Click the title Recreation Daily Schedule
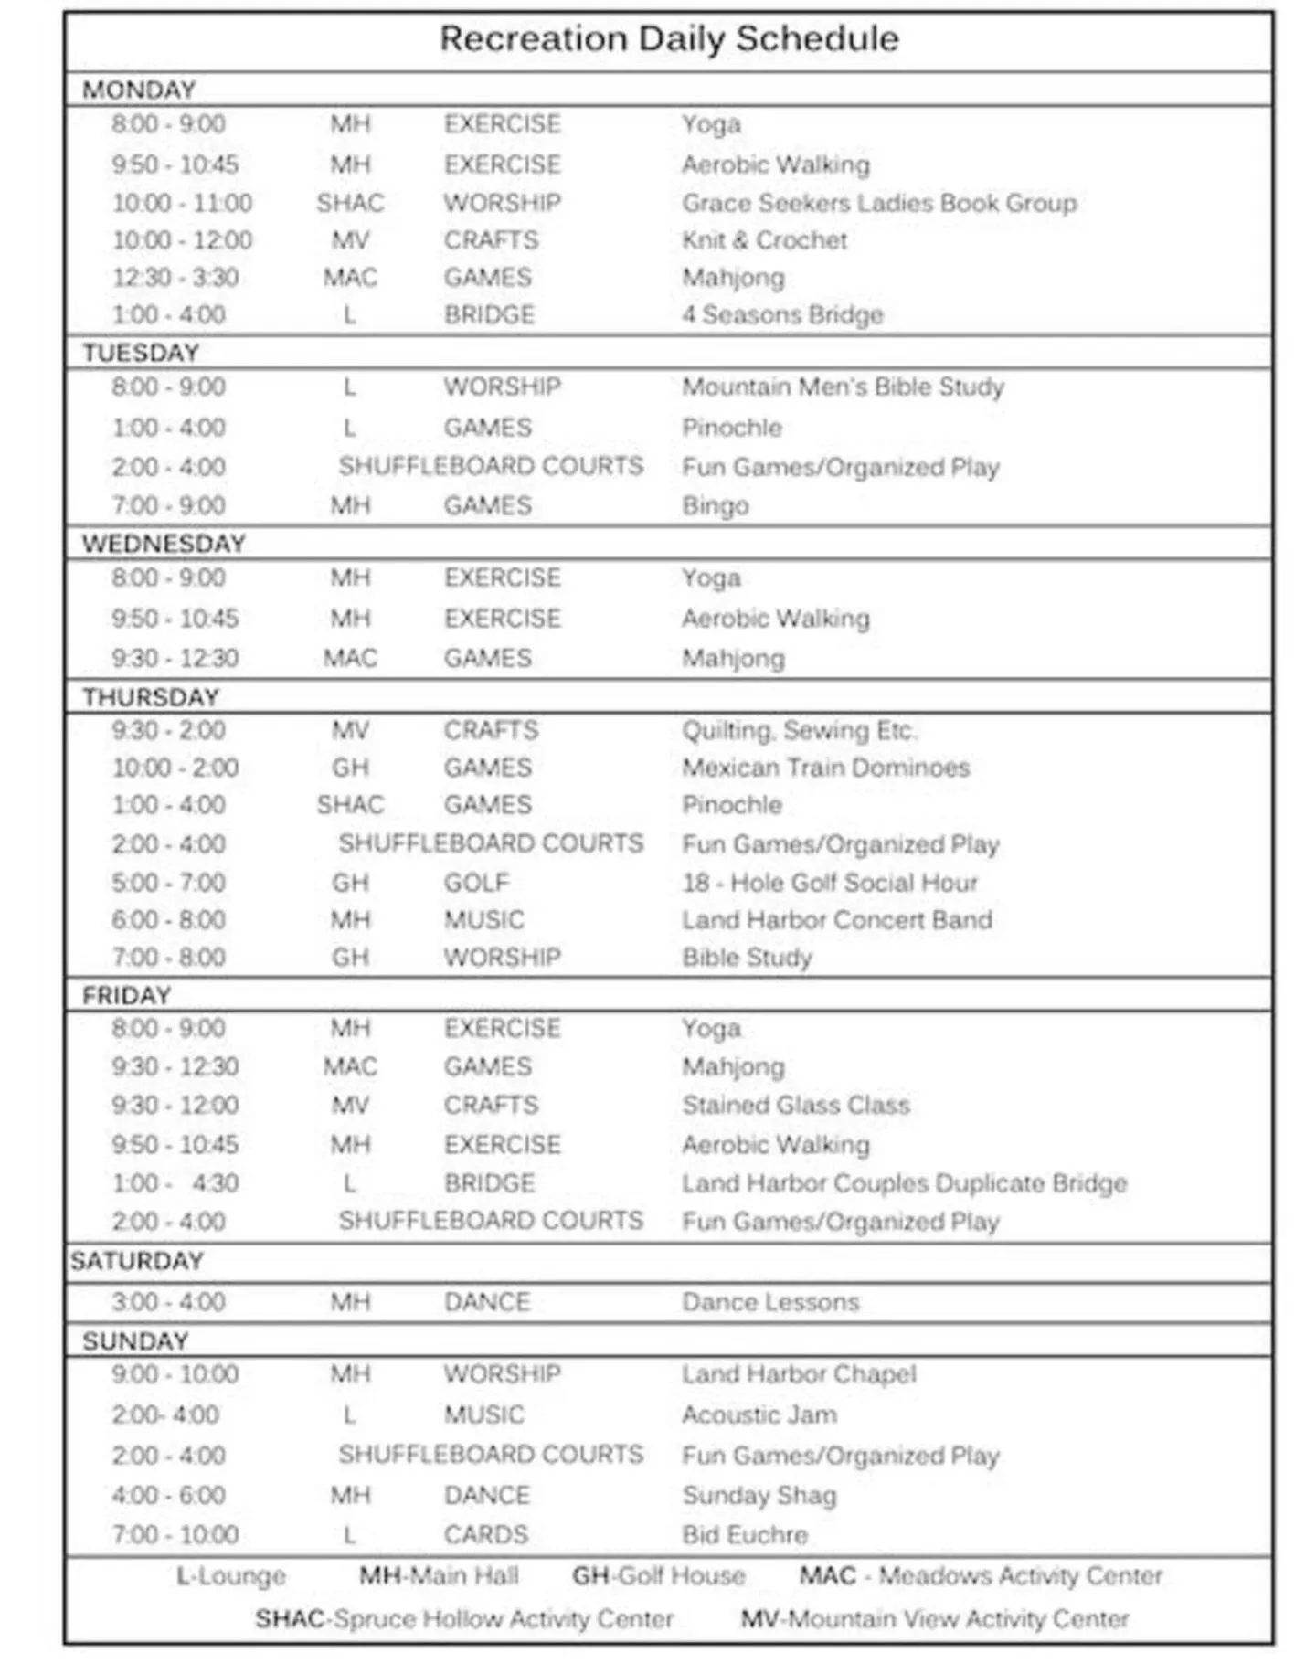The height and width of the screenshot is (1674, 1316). point(669,39)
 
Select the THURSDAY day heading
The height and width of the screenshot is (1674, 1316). point(151,697)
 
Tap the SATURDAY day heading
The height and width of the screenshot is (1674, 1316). point(137,1261)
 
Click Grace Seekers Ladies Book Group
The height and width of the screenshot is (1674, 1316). point(879,203)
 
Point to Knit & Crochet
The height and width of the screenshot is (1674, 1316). point(764,240)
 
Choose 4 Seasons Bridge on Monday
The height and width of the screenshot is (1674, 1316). point(782,315)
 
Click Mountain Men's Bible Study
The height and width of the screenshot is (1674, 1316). point(843,387)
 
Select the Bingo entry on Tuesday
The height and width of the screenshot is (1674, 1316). point(715,505)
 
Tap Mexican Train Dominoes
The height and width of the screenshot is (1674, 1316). point(825,768)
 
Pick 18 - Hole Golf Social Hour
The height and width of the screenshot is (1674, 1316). point(829,883)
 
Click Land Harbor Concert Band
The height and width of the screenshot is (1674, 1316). point(836,920)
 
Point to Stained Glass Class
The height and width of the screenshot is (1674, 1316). point(795,1106)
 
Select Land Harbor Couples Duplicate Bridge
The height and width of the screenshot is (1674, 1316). point(904,1183)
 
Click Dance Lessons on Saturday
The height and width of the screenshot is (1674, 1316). point(770,1302)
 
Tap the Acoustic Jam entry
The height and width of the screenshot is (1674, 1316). point(759,1415)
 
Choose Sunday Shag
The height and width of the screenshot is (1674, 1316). point(759,1496)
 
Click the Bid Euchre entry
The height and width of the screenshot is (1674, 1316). point(745,1535)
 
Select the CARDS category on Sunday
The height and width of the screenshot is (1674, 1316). point(485,1535)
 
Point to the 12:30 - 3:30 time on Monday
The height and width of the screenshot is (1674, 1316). point(175,278)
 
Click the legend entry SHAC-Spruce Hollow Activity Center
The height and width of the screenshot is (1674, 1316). point(463,1619)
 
